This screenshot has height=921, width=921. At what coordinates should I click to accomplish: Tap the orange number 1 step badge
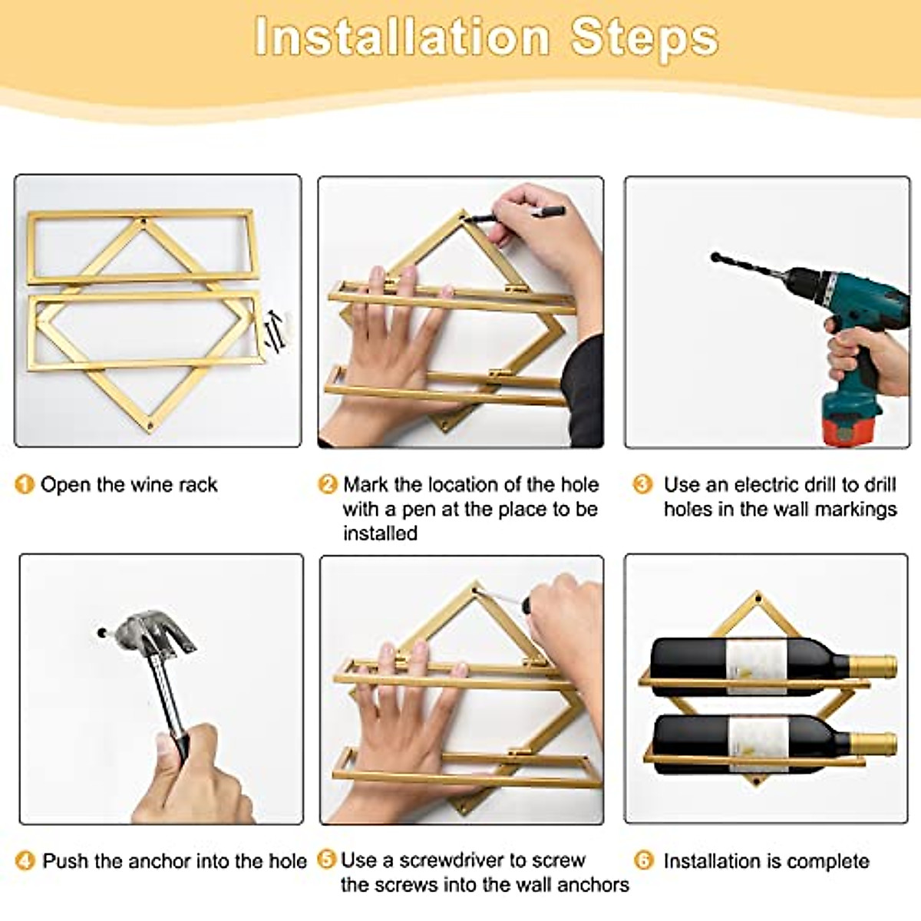click(x=25, y=484)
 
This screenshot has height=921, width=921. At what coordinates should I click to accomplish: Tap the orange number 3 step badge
click(x=642, y=484)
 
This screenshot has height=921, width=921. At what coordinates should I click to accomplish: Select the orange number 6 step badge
click(x=643, y=861)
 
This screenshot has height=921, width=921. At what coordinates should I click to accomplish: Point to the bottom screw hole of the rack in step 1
click(x=151, y=424)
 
